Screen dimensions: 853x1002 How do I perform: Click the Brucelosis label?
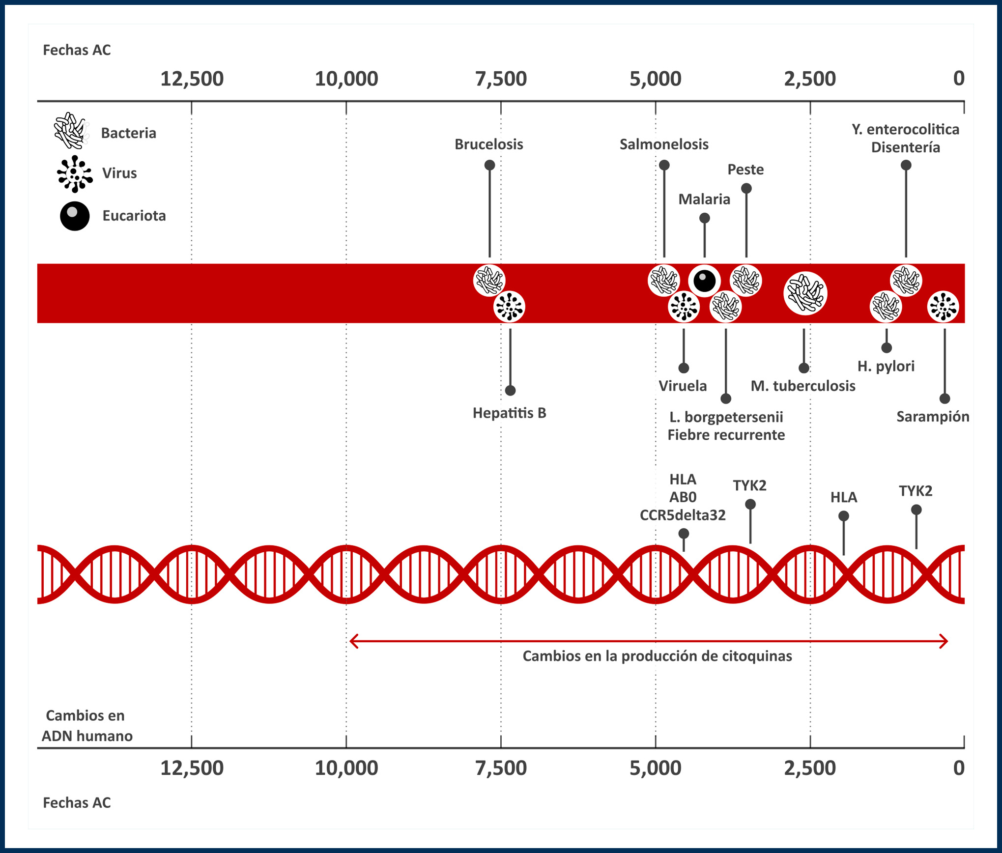click(x=488, y=144)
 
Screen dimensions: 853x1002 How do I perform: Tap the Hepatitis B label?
click(x=509, y=413)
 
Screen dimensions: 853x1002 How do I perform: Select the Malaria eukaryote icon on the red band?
click(x=704, y=281)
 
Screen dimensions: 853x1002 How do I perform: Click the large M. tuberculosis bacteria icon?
click(x=805, y=294)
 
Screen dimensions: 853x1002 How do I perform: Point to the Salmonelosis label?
click(x=663, y=144)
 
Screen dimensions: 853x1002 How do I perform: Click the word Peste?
click(x=745, y=170)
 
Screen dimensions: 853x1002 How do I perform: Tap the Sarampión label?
click(x=932, y=417)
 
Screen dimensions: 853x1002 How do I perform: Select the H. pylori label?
click(x=886, y=366)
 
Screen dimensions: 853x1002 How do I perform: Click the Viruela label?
click(x=683, y=386)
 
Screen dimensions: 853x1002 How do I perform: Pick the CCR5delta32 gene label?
click(x=683, y=515)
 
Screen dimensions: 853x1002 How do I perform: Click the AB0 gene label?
click(x=683, y=497)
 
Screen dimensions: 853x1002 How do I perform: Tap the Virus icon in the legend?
click(x=74, y=173)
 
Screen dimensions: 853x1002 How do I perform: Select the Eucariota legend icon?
click(x=75, y=216)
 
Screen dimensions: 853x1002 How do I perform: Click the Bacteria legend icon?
click(x=71, y=131)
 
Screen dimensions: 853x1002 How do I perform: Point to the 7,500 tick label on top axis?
click(x=501, y=79)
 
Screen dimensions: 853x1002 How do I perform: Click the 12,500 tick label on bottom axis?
click(x=192, y=768)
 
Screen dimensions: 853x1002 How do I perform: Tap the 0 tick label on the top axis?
click(x=958, y=79)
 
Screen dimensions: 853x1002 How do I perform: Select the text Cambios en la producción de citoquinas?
click(x=657, y=656)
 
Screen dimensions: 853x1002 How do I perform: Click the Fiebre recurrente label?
click(x=726, y=435)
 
